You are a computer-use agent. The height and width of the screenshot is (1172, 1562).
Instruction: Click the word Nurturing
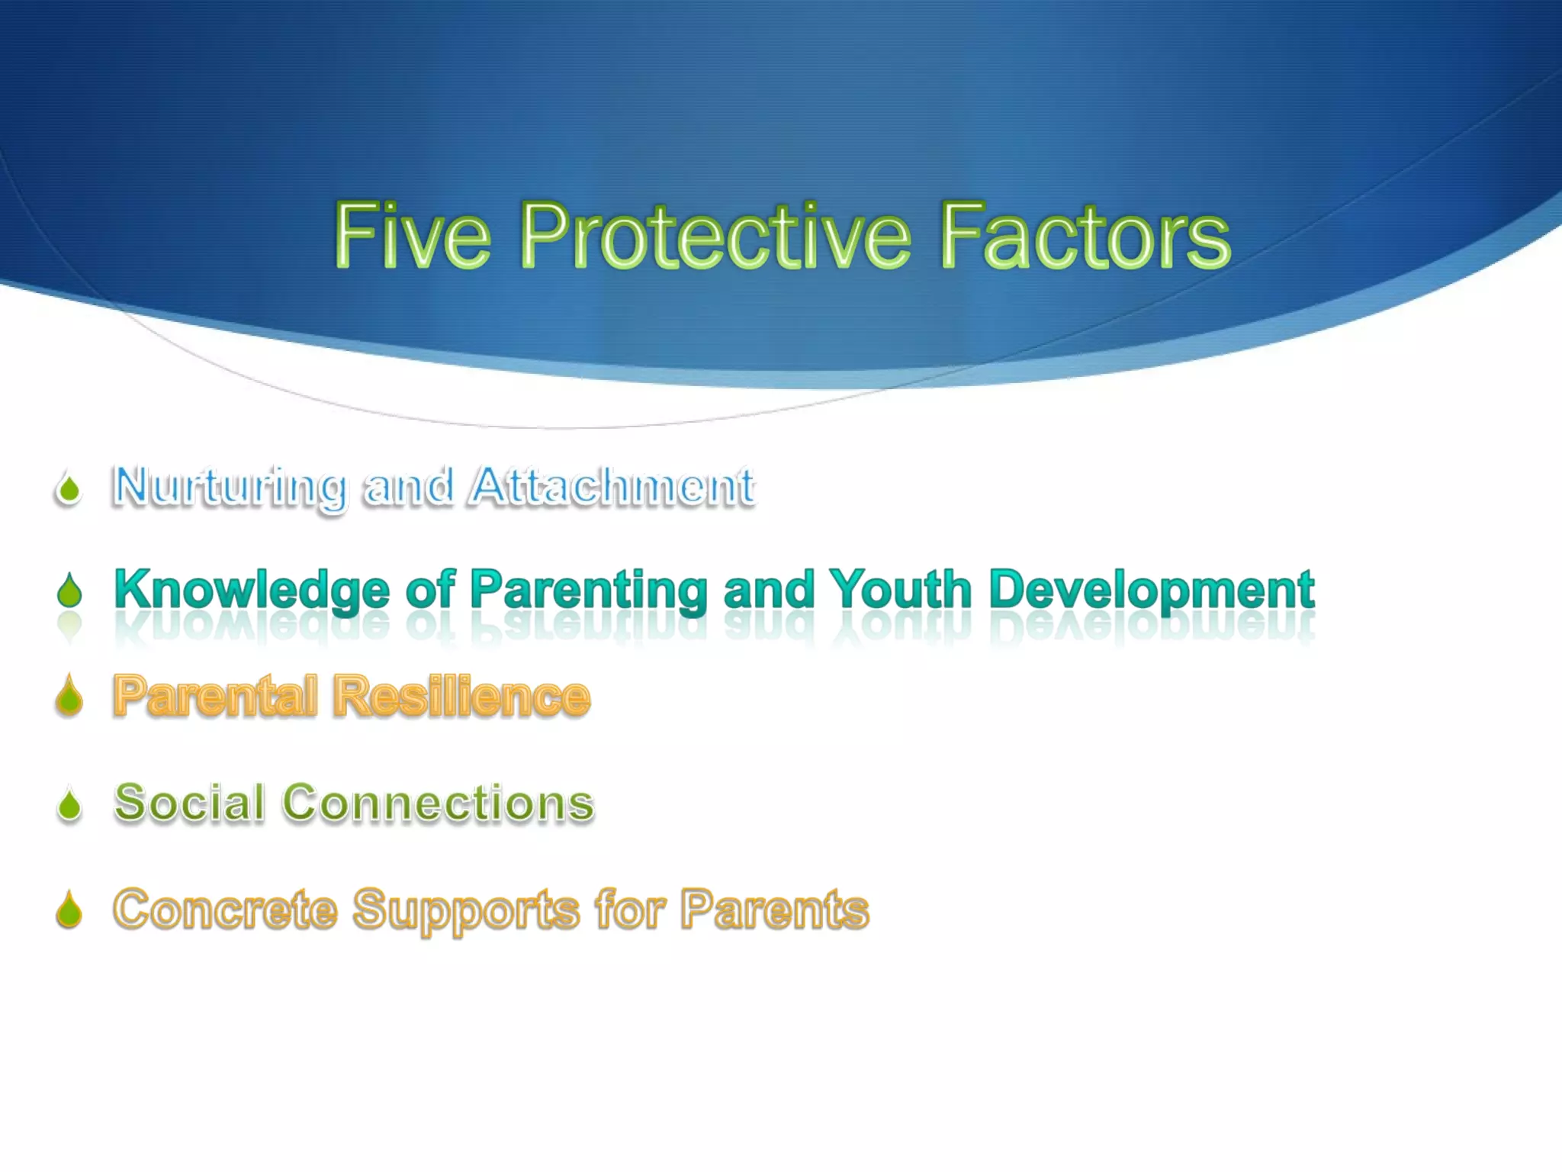[x=229, y=487]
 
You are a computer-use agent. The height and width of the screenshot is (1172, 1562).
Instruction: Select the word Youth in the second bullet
[x=900, y=589]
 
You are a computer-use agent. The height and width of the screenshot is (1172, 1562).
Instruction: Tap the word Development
[x=1152, y=591]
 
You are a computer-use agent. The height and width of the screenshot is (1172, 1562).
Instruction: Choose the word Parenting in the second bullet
[x=589, y=591]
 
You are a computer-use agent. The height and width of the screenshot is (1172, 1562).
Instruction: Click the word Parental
[x=215, y=696]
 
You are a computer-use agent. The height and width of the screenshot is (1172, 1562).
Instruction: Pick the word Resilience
[x=462, y=696]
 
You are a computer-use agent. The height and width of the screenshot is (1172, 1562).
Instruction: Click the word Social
[x=189, y=803]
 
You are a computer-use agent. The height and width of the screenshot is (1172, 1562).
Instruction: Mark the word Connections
[x=438, y=803]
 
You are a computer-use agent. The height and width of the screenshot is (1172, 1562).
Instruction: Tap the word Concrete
[x=225, y=910]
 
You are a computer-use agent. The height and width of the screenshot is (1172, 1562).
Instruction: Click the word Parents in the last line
[x=774, y=910]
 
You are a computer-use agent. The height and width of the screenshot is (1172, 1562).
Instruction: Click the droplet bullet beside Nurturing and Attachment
[x=69, y=489]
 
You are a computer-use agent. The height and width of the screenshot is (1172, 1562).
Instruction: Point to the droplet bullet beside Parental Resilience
[x=69, y=697]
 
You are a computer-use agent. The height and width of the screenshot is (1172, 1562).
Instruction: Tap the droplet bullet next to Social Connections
[x=69, y=805]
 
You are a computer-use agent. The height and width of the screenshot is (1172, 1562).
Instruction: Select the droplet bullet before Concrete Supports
[x=69, y=910]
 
